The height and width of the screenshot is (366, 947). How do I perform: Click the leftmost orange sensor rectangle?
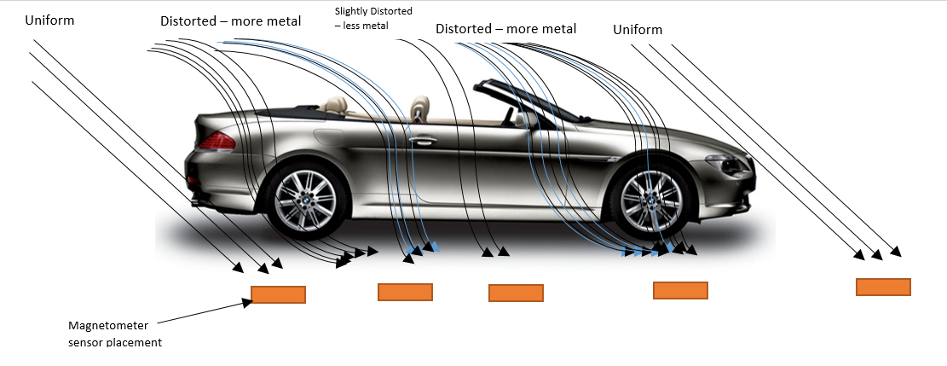pyautogui.click(x=278, y=294)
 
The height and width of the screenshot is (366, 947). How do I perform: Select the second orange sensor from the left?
pyautogui.click(x=405, y=292)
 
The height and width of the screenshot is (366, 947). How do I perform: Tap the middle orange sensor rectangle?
pyautogui.click(x=516, y=293)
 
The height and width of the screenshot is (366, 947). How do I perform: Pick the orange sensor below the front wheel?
pyautogui.click(x=680, y=290)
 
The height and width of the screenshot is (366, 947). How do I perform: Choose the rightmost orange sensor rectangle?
pyautogui.click(x=883, y=287)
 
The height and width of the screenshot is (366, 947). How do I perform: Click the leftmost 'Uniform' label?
pyautogui.click(x=49, y=20)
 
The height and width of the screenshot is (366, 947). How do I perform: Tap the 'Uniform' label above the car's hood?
pyautogui.click(x=638, y=30)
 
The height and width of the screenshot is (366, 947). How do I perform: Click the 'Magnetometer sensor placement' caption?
pyautogui.click(x=114, y=334)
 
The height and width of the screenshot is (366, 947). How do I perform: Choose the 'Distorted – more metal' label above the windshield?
pyautogui.click(x=505, y=29)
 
